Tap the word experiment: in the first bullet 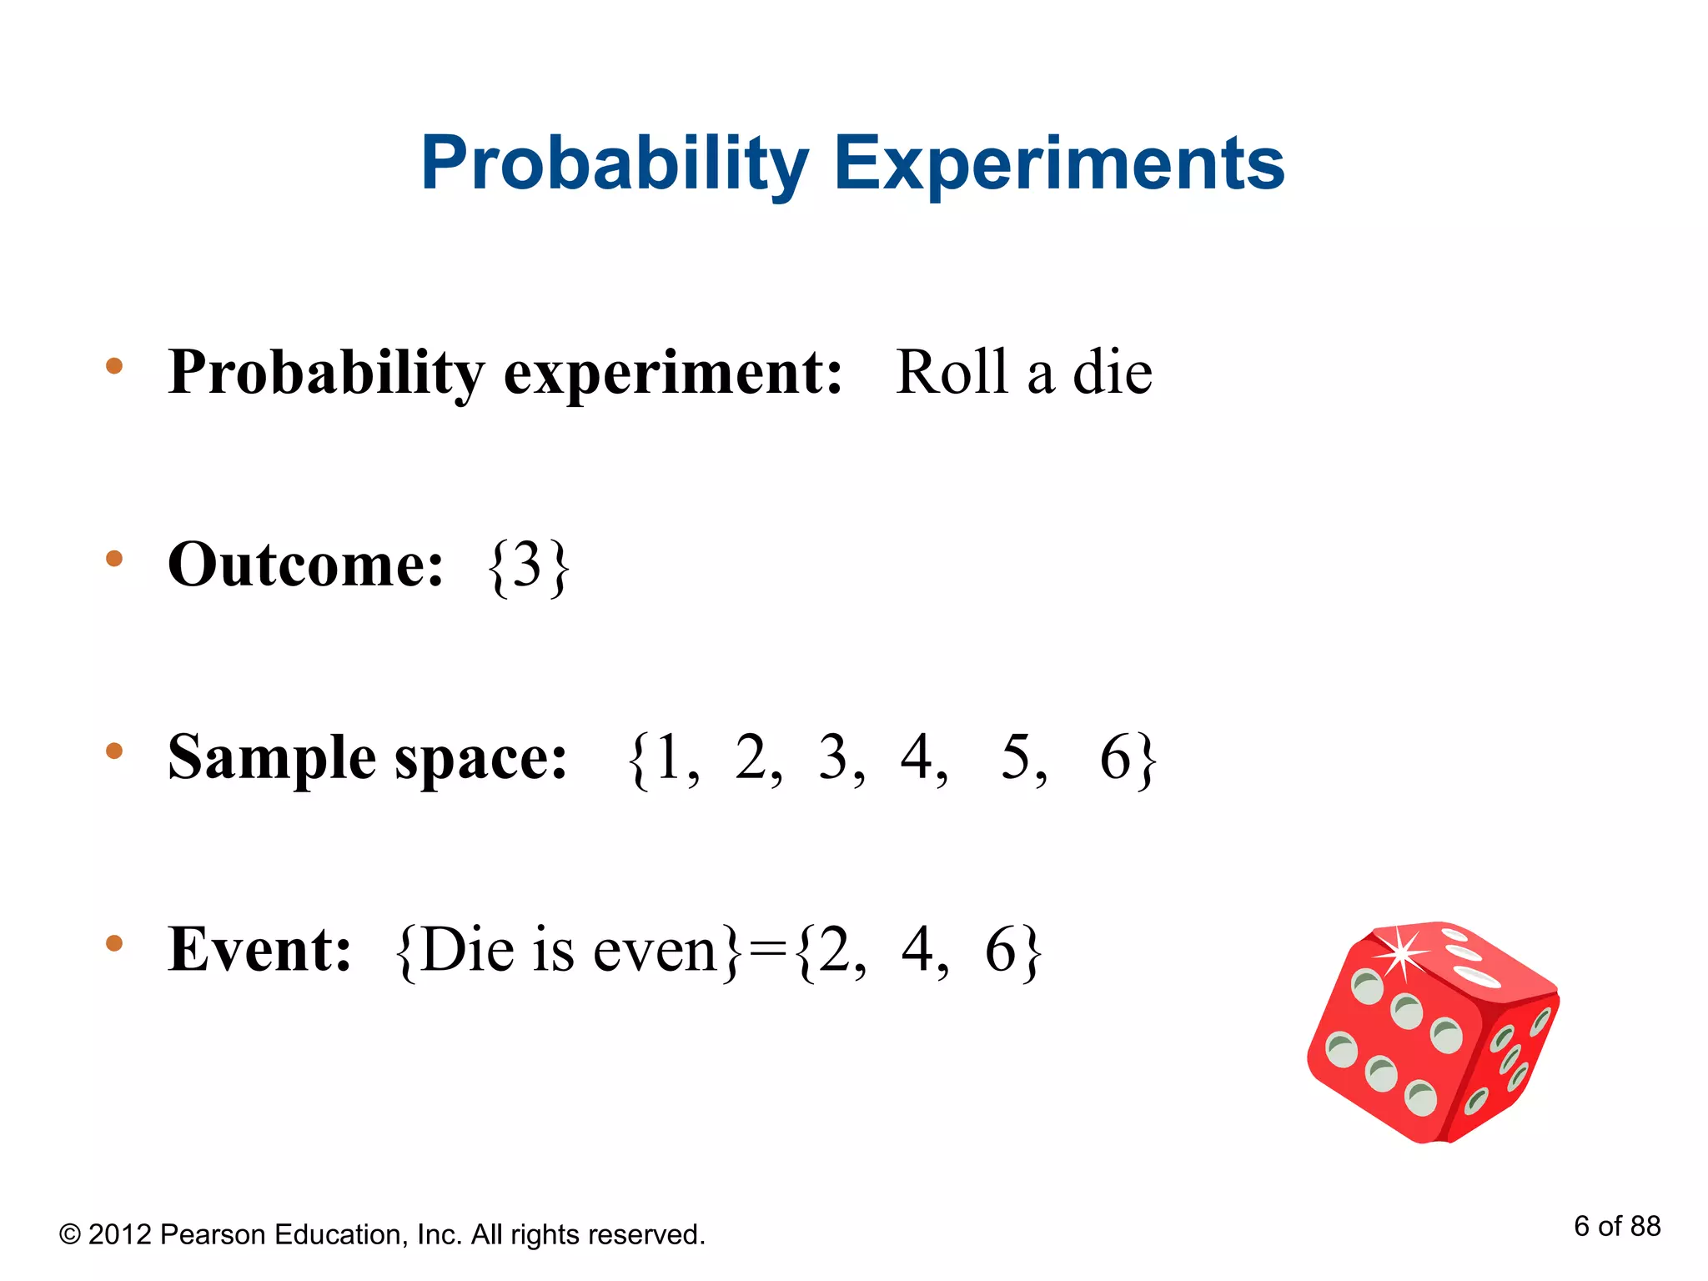point(673,373)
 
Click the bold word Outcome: point(305,565)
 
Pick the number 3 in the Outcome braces point(528,565)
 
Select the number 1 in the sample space point(669,757)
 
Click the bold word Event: point(259,950)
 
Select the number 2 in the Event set point(833,950)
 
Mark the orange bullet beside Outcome point(114,559)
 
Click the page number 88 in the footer point(1645,1226)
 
